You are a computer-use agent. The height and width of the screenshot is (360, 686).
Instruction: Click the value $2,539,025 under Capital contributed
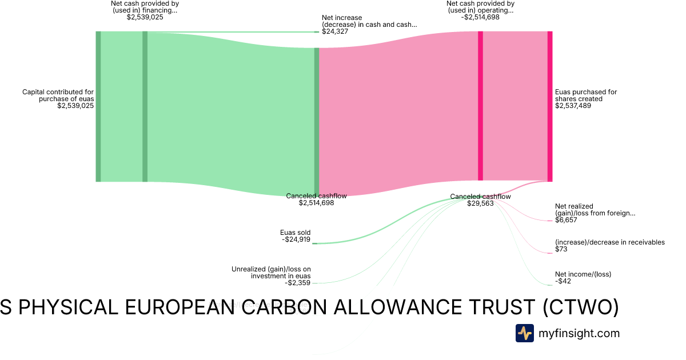75,106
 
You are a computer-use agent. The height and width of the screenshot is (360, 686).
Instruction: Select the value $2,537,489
573,106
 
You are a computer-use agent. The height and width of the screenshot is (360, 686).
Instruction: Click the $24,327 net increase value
335,31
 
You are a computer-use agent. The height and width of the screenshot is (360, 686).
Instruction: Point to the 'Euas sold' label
295,233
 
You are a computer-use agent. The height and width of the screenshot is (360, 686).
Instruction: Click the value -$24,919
296,239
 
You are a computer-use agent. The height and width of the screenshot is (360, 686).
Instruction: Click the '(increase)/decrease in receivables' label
609,242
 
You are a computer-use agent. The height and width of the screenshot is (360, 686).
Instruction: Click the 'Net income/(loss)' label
583,274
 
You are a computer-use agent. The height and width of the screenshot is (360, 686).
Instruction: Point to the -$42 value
563,281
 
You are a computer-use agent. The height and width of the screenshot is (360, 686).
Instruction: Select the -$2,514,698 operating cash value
480,17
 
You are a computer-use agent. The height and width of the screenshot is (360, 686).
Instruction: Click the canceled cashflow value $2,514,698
316,203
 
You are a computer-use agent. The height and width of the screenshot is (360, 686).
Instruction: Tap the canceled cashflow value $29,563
480,203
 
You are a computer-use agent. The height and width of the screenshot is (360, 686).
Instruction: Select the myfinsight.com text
579,333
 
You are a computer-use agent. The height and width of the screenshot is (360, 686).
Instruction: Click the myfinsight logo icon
524,333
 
